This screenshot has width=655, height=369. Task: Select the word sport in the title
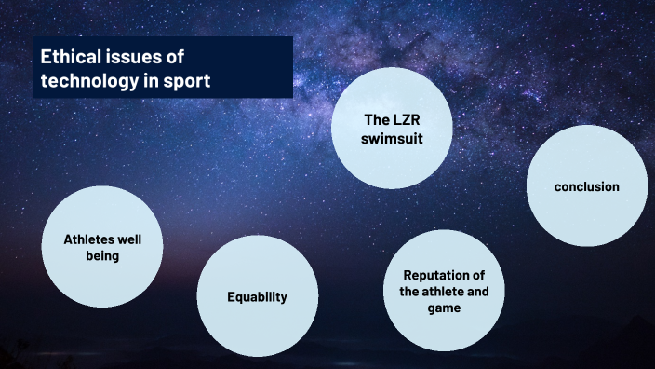[186, 81]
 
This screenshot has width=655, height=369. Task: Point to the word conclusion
[586, 186]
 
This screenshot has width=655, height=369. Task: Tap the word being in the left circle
[103, 255]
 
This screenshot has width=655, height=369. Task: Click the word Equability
[257, 297]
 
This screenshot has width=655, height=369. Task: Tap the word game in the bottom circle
[443, 307]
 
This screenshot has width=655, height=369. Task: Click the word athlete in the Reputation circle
[445, 291]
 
